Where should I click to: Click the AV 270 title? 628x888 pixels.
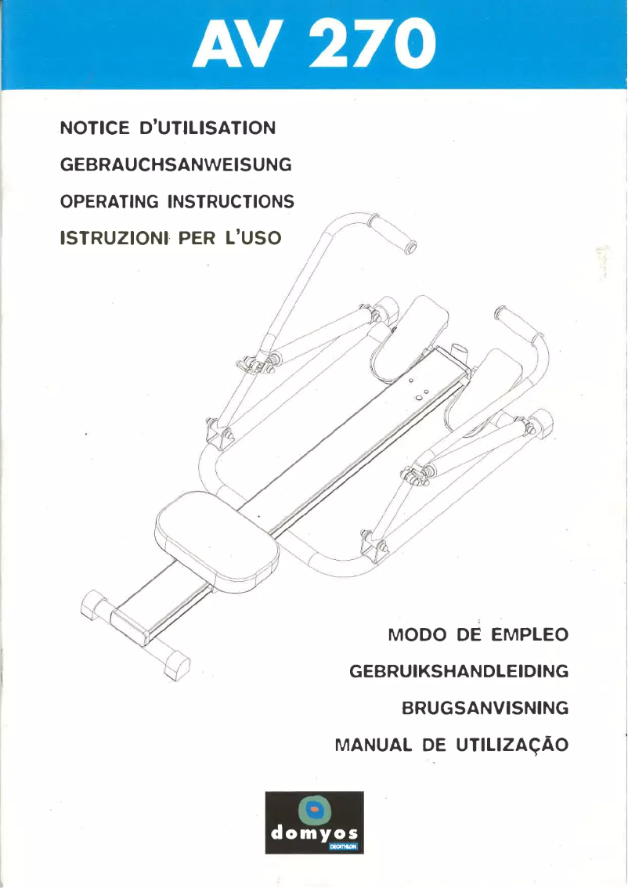[313, 44]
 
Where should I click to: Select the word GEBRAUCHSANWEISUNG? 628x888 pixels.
[176, 164]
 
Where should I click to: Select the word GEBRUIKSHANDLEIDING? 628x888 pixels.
[458, 671]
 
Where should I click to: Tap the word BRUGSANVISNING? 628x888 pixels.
[485, 708]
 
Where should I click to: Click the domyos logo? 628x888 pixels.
[314, 823]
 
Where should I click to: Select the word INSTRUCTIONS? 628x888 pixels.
[232, 201]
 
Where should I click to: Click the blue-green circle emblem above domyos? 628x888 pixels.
[314, 808]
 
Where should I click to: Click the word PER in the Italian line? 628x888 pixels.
[190, 238]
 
